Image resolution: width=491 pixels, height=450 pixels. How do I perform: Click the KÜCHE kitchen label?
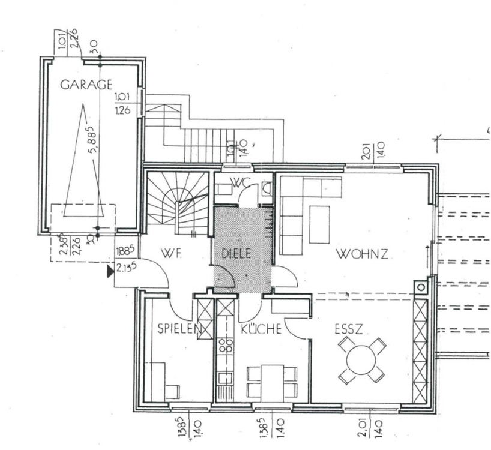pyautogui.click(x=262, y=329)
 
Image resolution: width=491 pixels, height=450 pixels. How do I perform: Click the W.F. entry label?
pyautogui.click(x=171, y=253)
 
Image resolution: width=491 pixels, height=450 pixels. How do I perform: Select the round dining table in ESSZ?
pyautogui.click(x=361, y=361)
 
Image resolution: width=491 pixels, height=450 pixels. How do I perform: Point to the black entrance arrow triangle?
pyautogui.click(x=110, y=273)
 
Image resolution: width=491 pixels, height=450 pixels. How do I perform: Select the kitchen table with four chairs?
pyautogui.click(x=271, y=382)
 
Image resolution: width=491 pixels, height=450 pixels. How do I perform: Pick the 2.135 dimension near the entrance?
pyautogui.click(x=125, y=268)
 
